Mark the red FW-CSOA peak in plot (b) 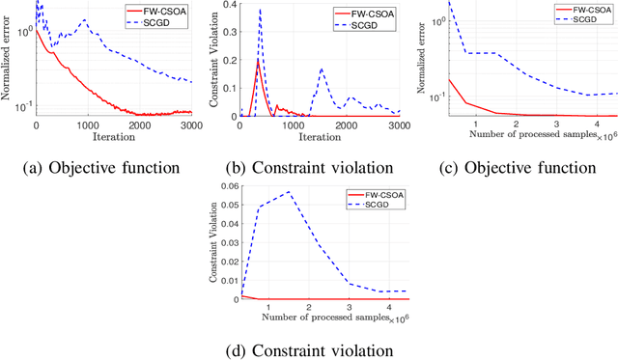(x=258, y=60)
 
